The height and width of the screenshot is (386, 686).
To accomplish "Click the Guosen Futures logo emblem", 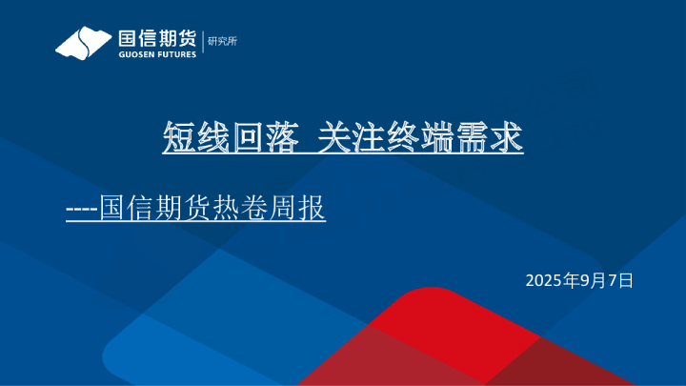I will [81, 43].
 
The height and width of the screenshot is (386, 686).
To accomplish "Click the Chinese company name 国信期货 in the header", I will [156, 38].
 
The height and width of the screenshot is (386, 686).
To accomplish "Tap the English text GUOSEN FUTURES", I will [156, 54].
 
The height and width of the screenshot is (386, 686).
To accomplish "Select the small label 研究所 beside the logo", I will [223, 41].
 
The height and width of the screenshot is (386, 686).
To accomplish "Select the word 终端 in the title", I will [413, 139].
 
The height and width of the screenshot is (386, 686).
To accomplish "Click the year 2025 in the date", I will [544, 280].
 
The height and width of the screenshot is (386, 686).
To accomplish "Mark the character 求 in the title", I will [506, 139].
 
